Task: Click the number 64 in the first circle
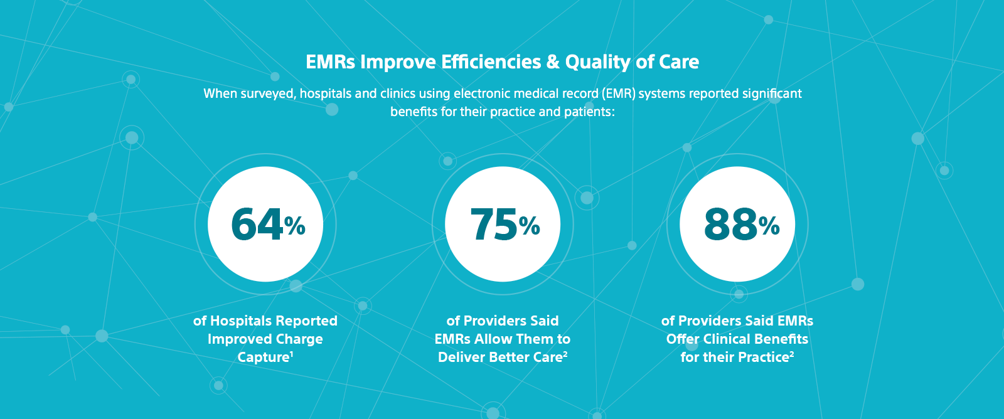[x=257, y=225]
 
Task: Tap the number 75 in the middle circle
[x=493, y=225]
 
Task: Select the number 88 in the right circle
[x=730, y=225]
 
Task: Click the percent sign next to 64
[x=295, y=226]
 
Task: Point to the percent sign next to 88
[x=769, y=226]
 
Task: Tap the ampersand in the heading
[x=553, y=62]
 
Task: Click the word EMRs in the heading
[x=330, y=62]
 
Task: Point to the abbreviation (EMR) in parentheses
[x=618, y=94]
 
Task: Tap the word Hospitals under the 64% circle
[x=241, y=321]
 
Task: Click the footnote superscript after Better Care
[x=565, y=354]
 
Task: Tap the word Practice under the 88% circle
[x=762, y=358]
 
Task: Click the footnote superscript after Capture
[x=292, y=354]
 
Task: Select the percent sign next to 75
[x=530, y=226]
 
